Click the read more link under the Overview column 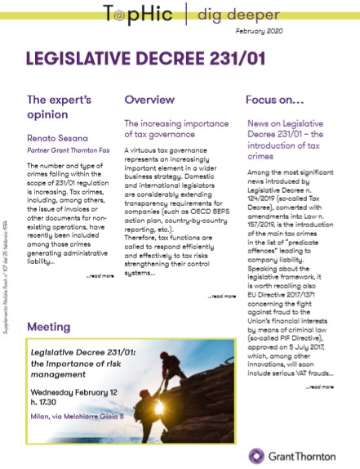(x=222, y=296)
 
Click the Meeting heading (x=50, y=326)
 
